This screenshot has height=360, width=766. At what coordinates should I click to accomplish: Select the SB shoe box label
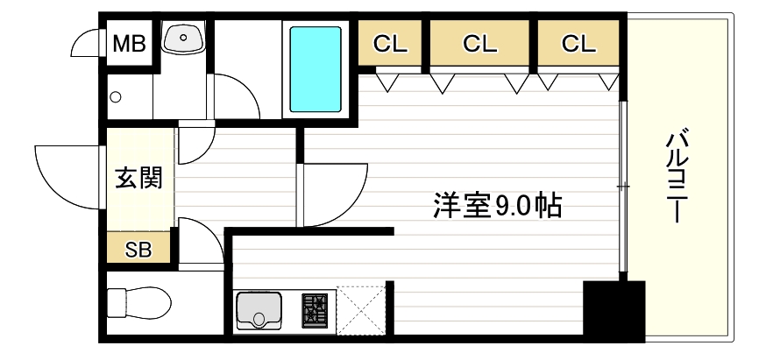[138, 250]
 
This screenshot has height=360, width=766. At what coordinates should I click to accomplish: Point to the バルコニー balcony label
[676, 176]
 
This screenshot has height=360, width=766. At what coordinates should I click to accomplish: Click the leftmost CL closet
[391, 43]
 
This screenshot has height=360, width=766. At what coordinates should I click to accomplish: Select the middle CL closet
[479, 43]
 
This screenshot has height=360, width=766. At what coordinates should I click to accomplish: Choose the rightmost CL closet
[578, 43]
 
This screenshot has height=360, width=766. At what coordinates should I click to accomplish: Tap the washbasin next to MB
[184, 38]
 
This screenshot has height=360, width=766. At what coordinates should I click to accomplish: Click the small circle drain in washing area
[115, 96]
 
